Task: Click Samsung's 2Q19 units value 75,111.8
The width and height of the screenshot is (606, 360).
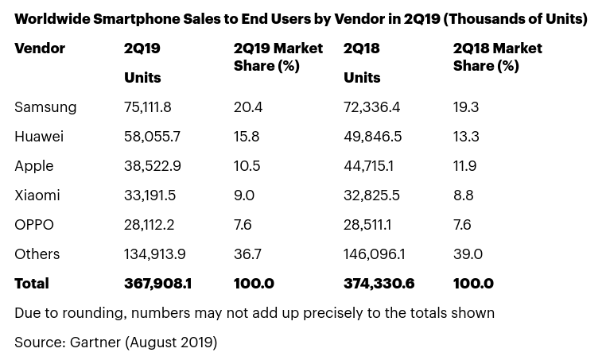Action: tap(148, 107)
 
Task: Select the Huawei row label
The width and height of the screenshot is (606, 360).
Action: tap(39, 137)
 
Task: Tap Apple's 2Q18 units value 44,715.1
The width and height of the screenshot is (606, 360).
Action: tap(368, 166)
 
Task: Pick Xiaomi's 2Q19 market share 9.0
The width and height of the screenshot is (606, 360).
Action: tap(244, 195)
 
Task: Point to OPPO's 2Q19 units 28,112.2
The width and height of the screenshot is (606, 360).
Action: tap(149, 225)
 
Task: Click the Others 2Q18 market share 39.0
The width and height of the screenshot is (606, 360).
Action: tap(468, 254)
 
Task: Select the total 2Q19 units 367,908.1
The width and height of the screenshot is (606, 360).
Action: tap(157, 284)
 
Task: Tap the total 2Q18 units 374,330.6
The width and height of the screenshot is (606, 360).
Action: tap(379, 284)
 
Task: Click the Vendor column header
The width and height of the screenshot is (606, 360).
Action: tap(40, 48)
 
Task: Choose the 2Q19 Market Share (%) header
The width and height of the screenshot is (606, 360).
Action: tap(278, 57)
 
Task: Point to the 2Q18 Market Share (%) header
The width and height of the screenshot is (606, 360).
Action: tap(498, 57)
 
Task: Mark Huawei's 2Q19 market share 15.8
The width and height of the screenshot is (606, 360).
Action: tap(247, 137)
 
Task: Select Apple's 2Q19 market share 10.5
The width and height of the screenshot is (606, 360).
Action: tap(247, 166)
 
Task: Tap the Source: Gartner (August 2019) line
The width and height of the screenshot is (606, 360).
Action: tap(115, 343)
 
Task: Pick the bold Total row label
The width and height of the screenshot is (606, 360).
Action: tap(32, 284)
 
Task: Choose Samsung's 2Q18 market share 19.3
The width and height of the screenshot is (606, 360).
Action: tap(466, 107)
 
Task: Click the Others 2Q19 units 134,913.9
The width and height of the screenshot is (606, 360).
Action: tap(155, 254)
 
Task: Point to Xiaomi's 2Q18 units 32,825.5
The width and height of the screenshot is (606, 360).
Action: tap(371, 195)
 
